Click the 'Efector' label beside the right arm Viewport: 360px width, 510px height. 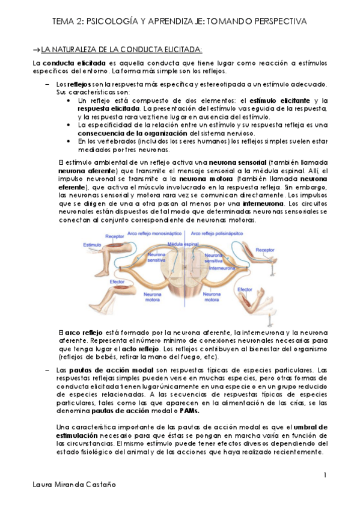click(x=244, y=289)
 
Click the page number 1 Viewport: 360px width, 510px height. click(x=325, y=476)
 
